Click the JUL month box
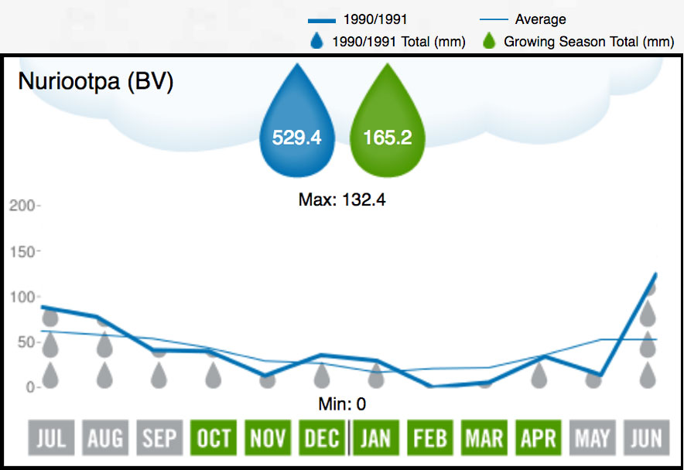pos(50,439)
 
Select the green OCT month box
pos(213,439)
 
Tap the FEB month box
pos(429,439)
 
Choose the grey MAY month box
pos(592,439)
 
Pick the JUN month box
pos(646,439)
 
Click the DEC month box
pos(321,439)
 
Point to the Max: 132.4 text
pos(342,200)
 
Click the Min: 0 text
pos(342,404)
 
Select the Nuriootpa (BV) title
pos(95,82)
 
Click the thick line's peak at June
pos(656,274)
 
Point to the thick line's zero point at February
pos(429,386)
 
